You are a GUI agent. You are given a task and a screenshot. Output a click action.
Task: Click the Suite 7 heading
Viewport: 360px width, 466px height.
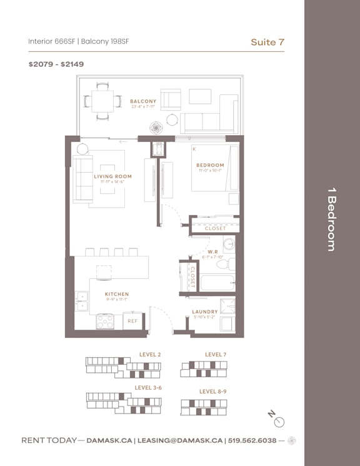click(267, 42)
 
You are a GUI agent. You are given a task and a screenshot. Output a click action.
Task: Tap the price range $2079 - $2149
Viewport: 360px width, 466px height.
click(56, 64)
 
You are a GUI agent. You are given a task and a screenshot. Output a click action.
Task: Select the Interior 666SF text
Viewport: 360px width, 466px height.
click(51, 42)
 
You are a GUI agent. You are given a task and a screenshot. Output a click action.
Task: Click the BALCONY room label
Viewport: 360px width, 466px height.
click(143, 101)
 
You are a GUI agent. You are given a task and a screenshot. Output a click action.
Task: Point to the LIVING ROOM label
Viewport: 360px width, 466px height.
click(113, 176)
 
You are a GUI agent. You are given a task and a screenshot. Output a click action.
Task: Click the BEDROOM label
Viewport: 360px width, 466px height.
click(209, 165)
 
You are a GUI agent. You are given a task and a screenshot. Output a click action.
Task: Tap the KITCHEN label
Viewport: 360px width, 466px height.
click(117, 294)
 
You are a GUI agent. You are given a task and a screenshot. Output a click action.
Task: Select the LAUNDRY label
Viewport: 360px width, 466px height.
click(205, 312)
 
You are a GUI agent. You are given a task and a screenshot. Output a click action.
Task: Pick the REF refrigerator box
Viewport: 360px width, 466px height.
click(132, 321)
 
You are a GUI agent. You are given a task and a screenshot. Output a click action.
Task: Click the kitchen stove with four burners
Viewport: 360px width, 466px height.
click(105, 321)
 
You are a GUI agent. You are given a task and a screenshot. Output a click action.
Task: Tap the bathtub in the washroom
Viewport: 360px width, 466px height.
click(217, 283)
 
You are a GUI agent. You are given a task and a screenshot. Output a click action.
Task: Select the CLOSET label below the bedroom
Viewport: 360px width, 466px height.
click(216, 228)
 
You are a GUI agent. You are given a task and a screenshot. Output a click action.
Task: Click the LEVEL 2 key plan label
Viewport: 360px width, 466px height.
click(150, 355)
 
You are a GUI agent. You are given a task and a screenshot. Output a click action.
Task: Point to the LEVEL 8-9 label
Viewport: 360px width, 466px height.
click(212, 391)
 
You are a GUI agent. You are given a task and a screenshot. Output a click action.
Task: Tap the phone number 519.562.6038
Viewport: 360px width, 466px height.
click(252, 440)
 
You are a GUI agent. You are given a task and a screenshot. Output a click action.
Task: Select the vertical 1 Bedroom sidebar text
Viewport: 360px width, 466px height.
click(332, 219)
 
